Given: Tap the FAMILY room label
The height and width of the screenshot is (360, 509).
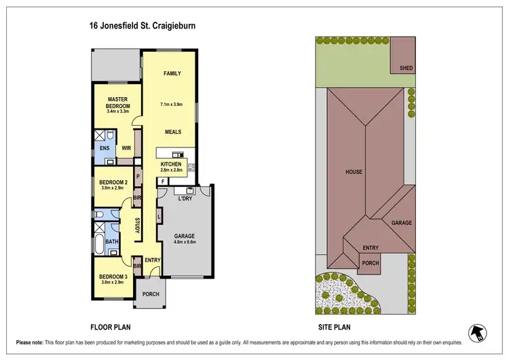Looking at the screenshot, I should pyautogui.click(x=171, y=73).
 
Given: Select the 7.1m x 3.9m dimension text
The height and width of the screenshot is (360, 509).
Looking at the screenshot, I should pyautogui.click(x=171, y=105).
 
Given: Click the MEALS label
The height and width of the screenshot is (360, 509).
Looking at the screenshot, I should pyautogui.click(x=171, y=132).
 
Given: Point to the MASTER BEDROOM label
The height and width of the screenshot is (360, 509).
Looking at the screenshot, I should pyautogui.click(x=117, y=103).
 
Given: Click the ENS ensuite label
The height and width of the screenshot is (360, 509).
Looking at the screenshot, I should pyautogui.click(x=105, y=148).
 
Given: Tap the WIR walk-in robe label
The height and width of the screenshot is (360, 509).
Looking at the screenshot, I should pyautogui.click(x=126, y=148).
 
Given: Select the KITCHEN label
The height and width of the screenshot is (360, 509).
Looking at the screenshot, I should pyautogui.click(x=170, y=164).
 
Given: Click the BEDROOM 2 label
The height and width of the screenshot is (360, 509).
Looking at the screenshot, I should pyautogui.click(x=113, y=183).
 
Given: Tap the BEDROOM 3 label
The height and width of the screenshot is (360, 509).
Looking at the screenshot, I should pyautogui.click(x=113, y=277).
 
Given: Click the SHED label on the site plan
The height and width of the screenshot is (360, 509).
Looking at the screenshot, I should pyautogui.click(x=406, y=68).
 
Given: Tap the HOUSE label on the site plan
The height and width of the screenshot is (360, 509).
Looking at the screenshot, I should pyautogui.click(x=353, y=173).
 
